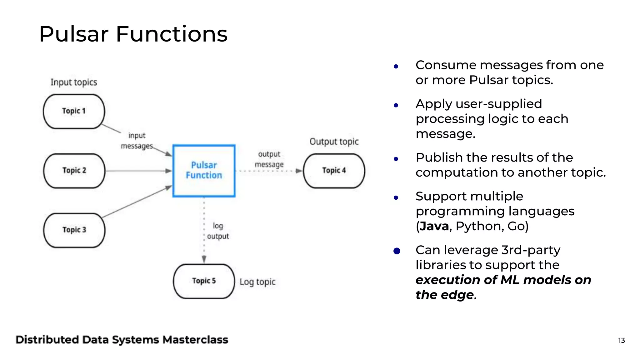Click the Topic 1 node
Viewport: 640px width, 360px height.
(74, 111)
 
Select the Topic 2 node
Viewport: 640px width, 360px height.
(74, 171)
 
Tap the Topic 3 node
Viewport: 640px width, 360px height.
(74, 230)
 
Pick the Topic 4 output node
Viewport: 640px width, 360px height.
(334, 171)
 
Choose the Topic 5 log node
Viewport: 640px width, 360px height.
(204, 281)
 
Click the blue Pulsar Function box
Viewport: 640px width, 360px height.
(204, 171)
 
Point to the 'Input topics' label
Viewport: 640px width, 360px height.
(74, 82)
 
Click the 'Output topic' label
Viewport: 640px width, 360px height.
(334, 142)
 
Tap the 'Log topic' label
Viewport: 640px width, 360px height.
(257, 282)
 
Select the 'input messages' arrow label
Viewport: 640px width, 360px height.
(137, 141)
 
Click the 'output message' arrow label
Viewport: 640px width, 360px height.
(269, 159)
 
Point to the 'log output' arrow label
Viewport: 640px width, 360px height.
(218, 231)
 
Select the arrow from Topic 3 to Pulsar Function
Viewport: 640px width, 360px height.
(137, 202)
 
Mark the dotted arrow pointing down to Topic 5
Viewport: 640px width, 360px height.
(204, 231)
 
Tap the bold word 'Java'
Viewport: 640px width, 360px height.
(434, 226)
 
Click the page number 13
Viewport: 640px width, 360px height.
(621, 340)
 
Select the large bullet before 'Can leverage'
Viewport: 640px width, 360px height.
(397, 251)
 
